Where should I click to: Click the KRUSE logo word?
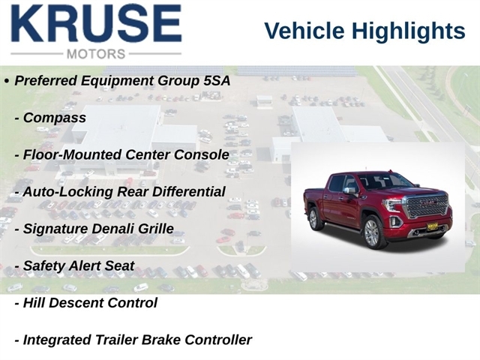click(96, 23)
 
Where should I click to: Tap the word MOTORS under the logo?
click(96, 54)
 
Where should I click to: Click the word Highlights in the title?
click(408, 31)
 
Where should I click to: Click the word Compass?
click(55, 118)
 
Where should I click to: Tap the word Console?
click(202, 154)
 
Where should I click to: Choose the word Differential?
click(188, 192)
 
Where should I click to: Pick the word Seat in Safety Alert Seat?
click(120, 265)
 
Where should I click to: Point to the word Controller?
click(218, 340)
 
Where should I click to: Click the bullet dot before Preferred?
click(7, 81)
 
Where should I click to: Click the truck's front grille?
click(427, 206)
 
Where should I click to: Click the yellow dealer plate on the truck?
click(432, 226)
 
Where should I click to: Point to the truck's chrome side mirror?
click(350, 190)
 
